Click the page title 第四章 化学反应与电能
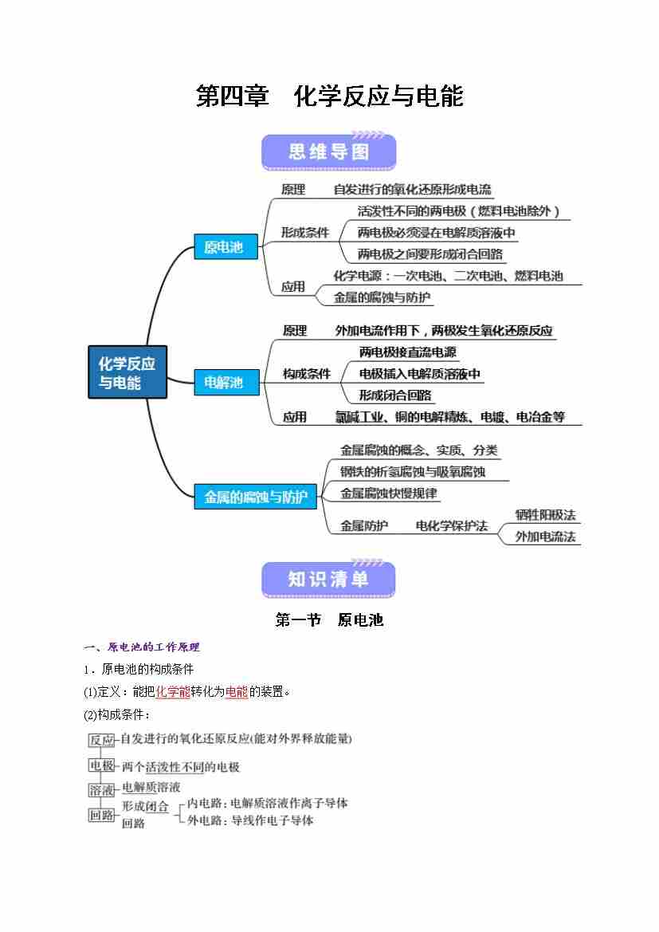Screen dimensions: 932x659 329,96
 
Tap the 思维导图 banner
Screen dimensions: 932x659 328,151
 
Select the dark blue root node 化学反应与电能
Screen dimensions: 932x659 127,373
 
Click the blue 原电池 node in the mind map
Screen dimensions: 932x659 223,247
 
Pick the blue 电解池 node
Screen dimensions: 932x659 223,383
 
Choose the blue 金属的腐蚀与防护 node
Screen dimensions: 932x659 256,497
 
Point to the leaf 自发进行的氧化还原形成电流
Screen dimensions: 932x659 412,190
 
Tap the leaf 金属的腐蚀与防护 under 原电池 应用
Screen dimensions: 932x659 382,297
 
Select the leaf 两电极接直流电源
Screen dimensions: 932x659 407,352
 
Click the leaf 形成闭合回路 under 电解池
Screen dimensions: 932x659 395,395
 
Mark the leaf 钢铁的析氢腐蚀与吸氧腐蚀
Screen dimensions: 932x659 413,472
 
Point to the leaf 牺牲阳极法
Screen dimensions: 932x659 545,515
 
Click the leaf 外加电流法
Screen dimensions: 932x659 545,537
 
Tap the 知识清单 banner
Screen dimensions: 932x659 328,580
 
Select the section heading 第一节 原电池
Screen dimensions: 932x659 329,619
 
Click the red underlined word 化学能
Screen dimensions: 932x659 173,692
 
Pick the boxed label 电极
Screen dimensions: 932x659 101,765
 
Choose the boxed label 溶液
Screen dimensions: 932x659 101,789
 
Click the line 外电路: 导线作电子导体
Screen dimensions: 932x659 250,820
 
